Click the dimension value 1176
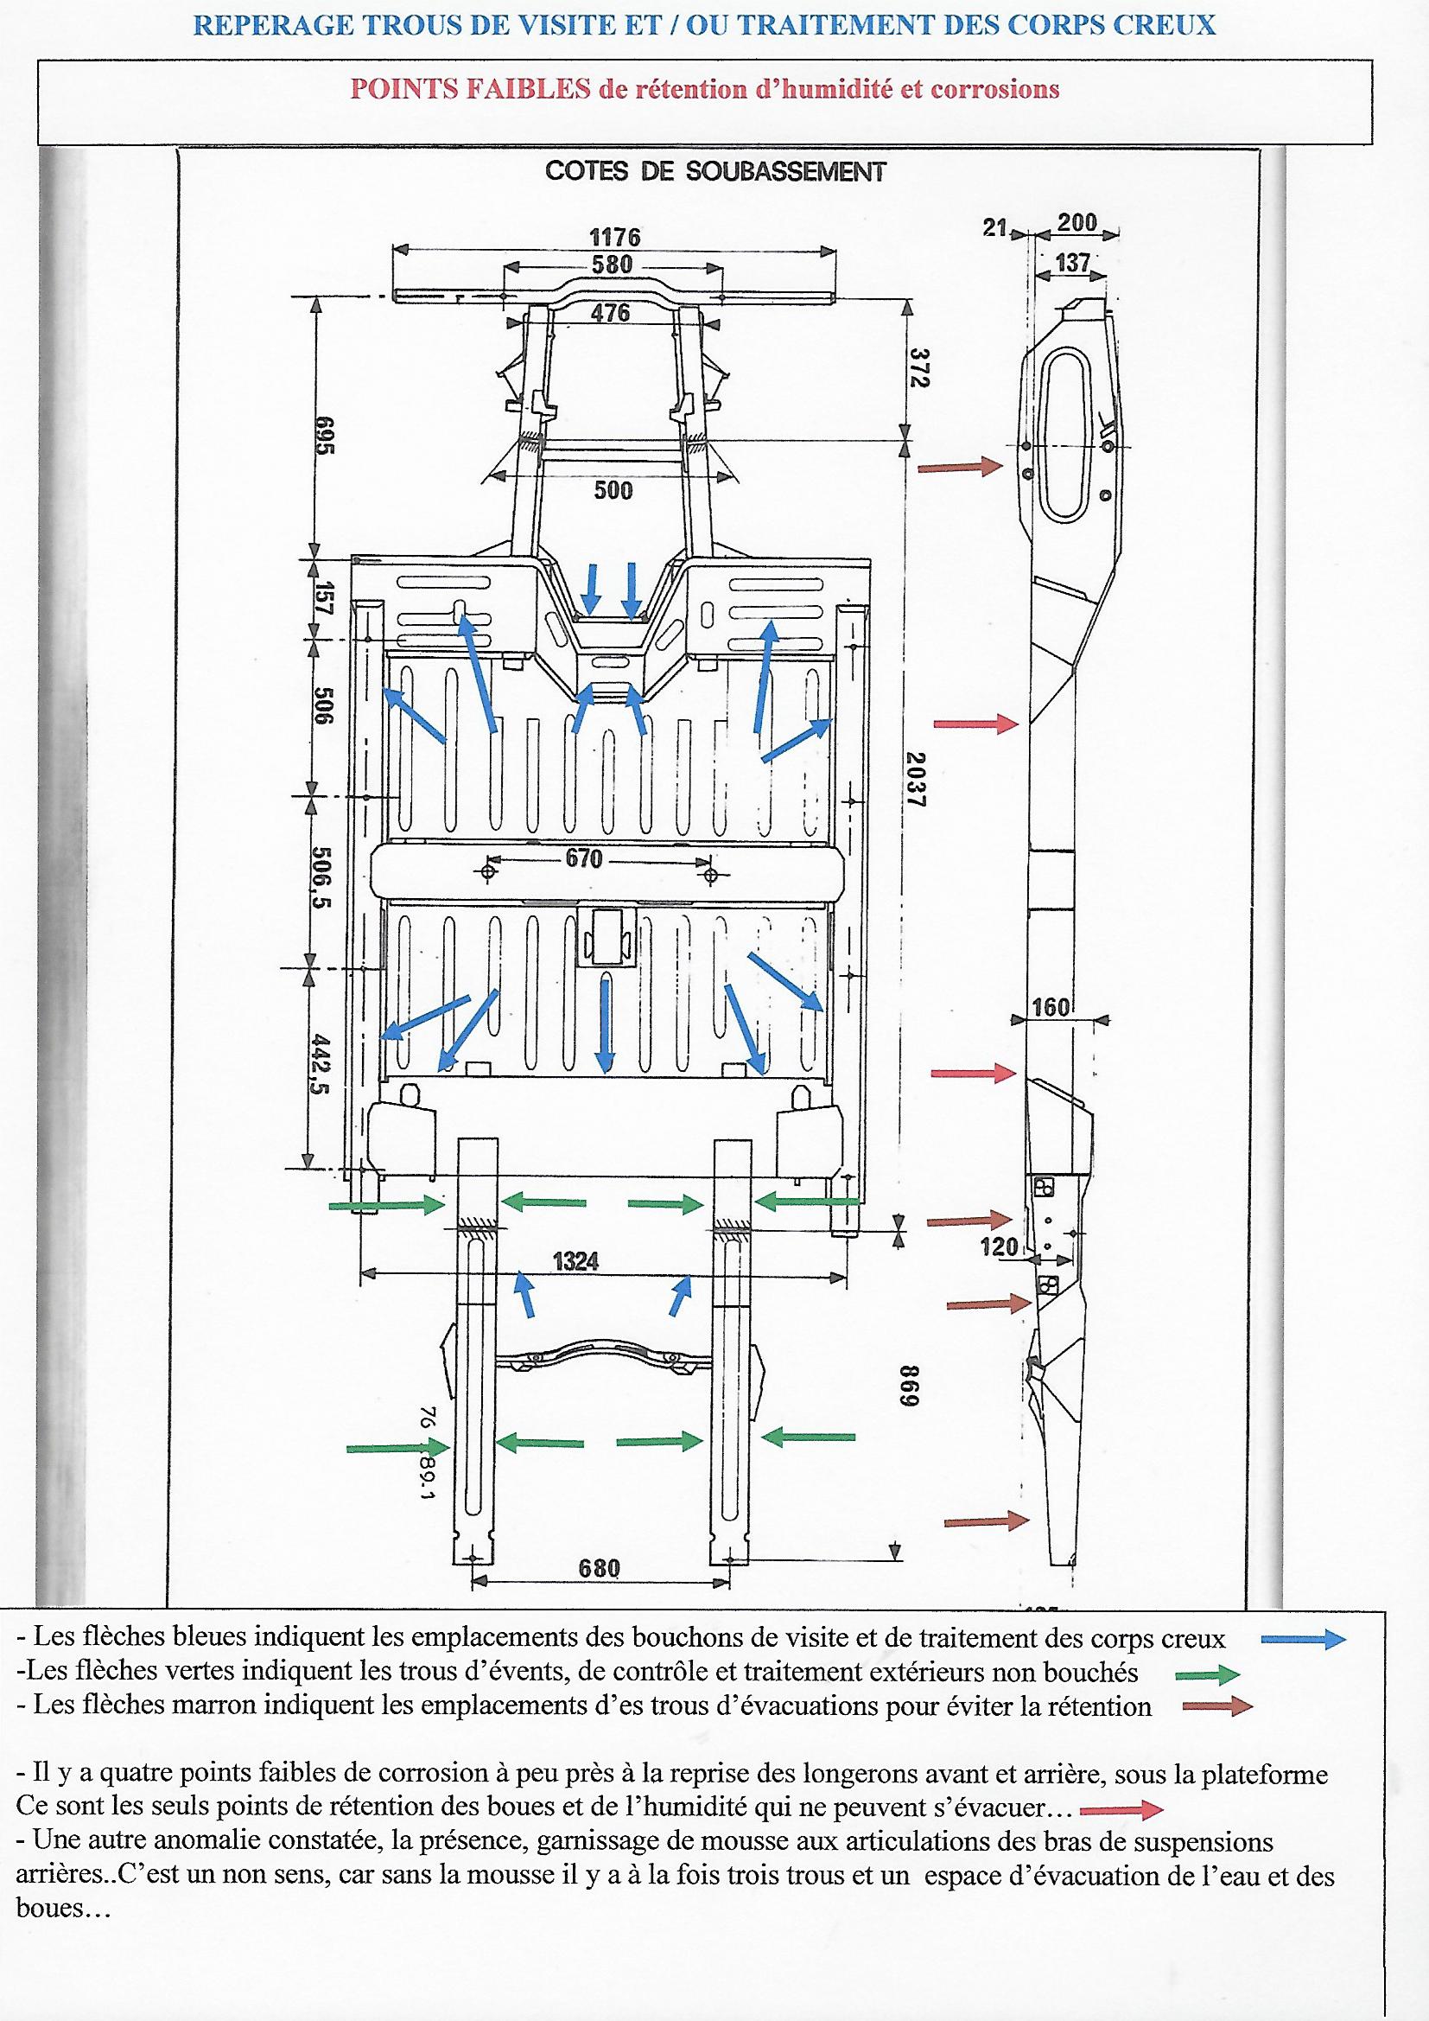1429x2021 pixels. (614, 237)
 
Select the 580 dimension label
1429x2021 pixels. (613, 264)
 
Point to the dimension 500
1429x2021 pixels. (613, 490)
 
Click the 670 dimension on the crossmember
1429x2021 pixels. (583, 858)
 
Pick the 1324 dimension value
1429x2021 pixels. (575, 1261)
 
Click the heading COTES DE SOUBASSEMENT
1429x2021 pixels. (714, 171)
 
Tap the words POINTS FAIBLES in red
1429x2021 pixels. (470, 89)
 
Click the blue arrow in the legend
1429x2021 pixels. (1303, 1638)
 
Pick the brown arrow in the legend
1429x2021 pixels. (1217, 1706)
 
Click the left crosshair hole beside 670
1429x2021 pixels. (486, 871)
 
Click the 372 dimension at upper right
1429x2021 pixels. (918, 367)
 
